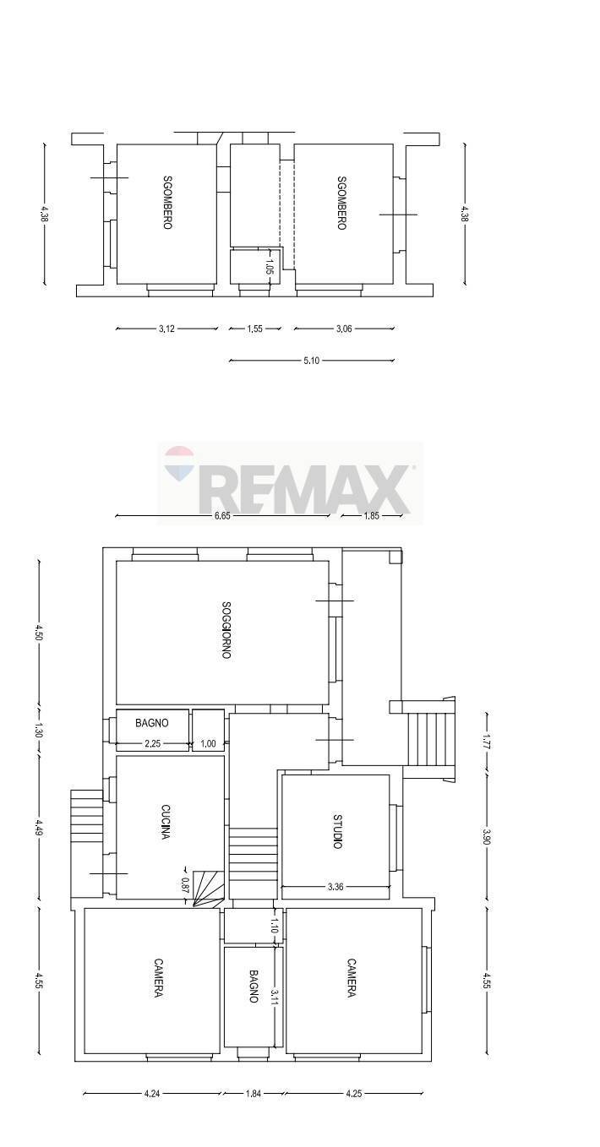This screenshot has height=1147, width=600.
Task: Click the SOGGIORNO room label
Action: (226, 630)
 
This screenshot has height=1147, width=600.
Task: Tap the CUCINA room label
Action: (166, 820)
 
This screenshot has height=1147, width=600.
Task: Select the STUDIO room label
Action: (337, 831)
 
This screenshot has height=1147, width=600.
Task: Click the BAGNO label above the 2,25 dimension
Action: (152, 723)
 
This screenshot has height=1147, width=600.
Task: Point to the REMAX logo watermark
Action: (290, 483)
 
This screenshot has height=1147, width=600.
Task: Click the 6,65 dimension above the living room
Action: (222, 516)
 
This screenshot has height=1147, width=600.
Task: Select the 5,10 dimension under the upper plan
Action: (311, 361)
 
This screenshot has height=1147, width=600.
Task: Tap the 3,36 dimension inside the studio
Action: (335, 887)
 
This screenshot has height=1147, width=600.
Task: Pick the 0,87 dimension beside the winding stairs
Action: (185, 884)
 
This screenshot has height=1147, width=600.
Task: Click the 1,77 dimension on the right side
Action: (487, 742)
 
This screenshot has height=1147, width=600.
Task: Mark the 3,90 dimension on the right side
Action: (487, 836)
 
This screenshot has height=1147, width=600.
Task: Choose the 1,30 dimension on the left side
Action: (39, 730)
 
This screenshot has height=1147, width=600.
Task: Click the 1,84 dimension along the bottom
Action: (253, 1094)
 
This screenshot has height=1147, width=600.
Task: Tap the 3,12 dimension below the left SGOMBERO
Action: (166, 329)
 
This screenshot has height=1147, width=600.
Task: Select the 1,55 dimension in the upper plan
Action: (254, 329)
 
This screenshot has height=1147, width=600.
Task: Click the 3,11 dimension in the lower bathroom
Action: (275, 997)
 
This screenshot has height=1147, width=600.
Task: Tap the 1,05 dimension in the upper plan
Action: (270, 267)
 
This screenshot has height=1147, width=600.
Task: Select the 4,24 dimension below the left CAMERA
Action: (152, 1094)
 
